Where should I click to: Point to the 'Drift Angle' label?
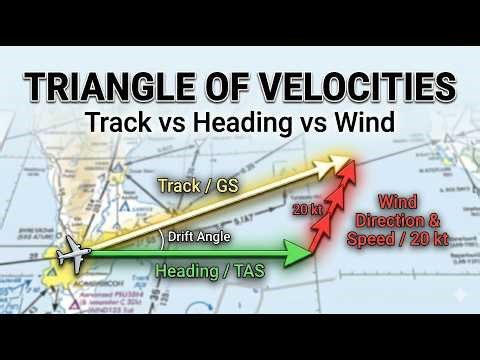point(199,237)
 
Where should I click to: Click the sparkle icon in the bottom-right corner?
point(458,297)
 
